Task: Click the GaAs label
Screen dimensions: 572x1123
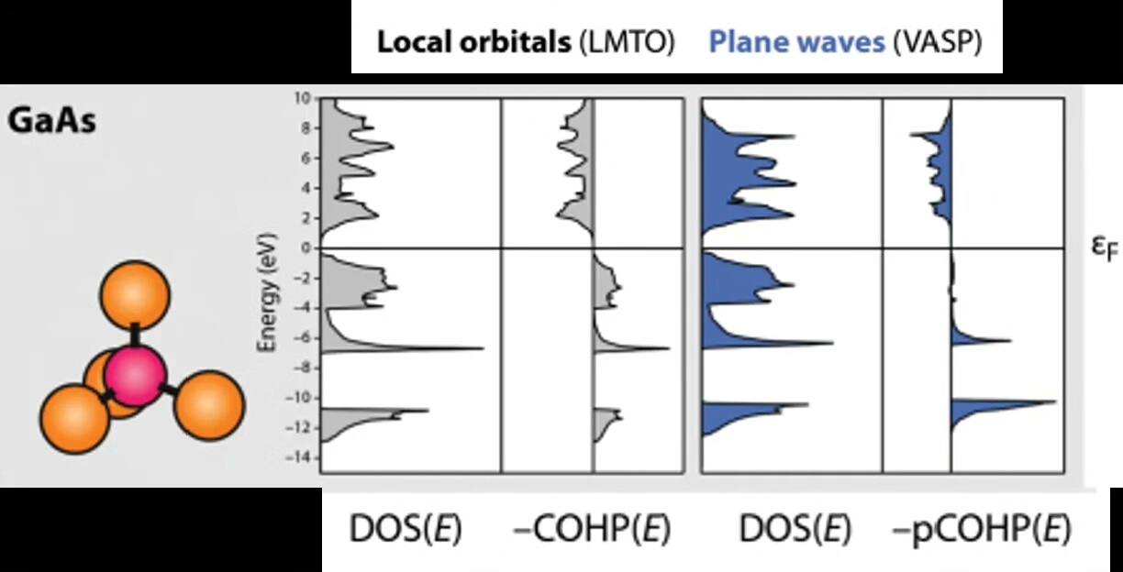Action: (52, 121)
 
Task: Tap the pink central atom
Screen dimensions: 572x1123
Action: (134, 375)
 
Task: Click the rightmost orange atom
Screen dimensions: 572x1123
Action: (209, 404)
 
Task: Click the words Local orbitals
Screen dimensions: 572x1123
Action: (474, 43)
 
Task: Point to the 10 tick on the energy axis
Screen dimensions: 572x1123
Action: (306, 97)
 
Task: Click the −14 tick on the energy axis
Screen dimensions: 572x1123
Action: (302, 457)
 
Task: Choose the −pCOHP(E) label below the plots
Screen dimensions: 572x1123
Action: (981, 530)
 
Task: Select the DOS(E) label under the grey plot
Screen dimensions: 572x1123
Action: (406, 530)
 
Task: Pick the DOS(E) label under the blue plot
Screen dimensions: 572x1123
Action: (795, 530)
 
